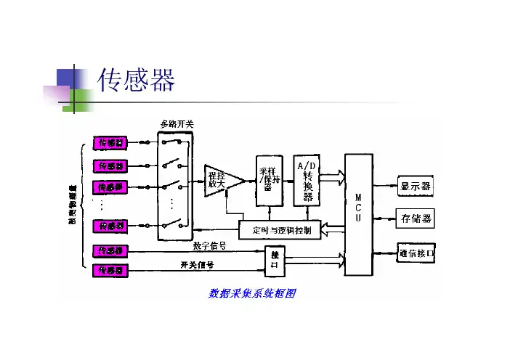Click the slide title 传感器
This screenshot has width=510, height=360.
point(137,80)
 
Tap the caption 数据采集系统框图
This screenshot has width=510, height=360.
point(253,294)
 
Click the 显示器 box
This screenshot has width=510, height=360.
point(416,187)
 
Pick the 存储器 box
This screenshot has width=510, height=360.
point(416,218)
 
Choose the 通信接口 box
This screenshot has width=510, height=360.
point(416,253)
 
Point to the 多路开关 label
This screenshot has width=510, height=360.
point(177,124)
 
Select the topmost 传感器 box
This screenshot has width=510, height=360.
point(110,143)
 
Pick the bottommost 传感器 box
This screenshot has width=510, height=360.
point(110,271)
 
